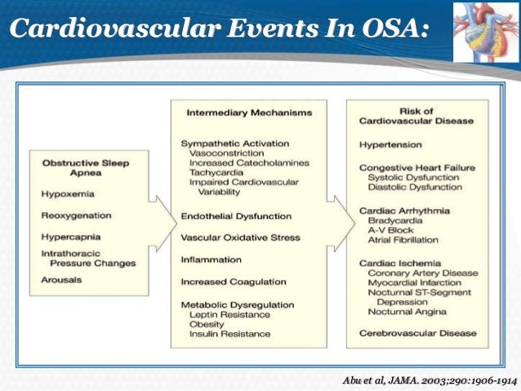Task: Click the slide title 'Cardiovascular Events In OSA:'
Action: click(218, 31)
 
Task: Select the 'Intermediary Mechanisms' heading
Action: click(237, 113)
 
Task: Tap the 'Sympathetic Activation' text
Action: click(231, 143)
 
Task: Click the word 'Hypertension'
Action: click(390, 145)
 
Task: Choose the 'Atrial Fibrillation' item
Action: click(403, 241)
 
